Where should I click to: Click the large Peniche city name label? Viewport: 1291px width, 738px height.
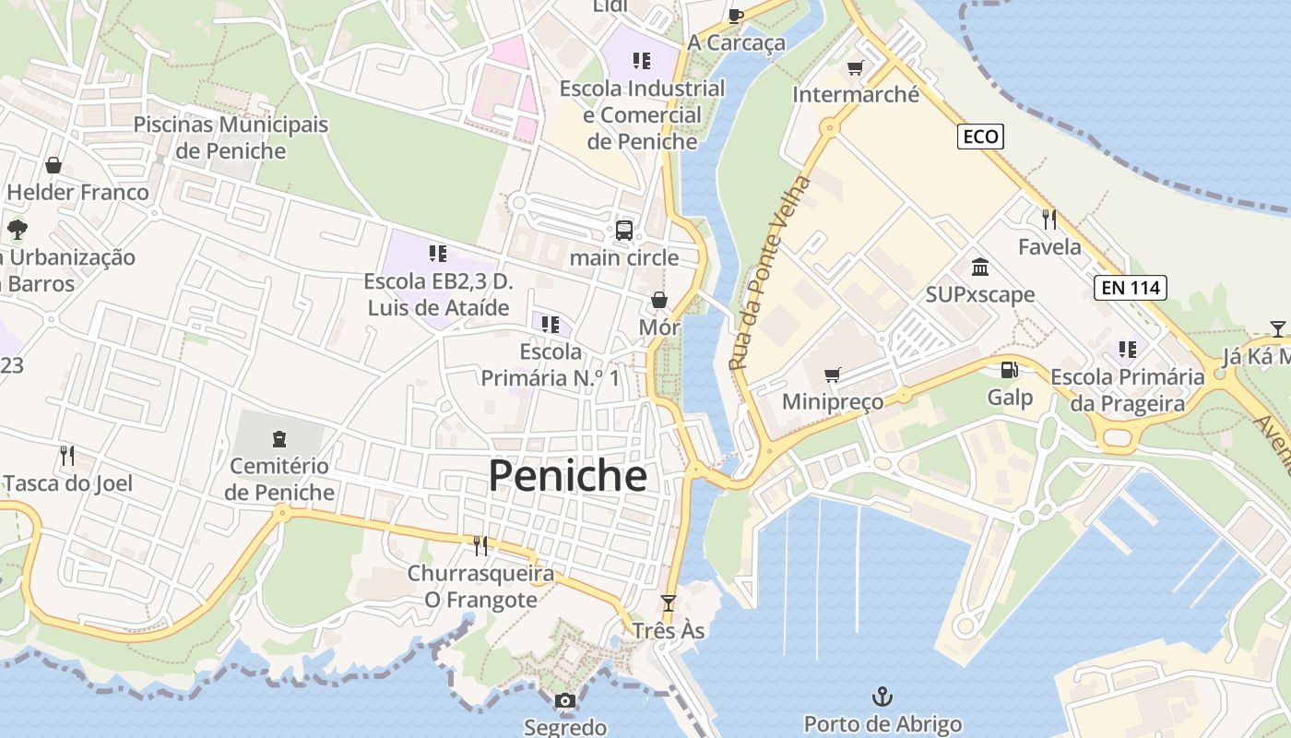pyautogui.click(x=567, y=476)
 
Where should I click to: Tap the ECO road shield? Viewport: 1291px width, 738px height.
pyautogui.click(x=979, y=137)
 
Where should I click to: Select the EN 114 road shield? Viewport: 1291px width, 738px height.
pyautogui.click(x=1131, y=287)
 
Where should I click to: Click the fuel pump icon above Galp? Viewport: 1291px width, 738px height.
pyautogui.click(x=1010, y=370)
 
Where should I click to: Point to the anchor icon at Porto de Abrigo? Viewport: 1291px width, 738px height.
pyautogui.click(x=882, y=696)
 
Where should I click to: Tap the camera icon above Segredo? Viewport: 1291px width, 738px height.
pyautogui.click(x=565, y=701)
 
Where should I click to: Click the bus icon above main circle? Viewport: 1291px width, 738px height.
pyautogui.click(x=624, y=230)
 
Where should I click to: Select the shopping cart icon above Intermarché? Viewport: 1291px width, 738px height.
pyautogui.click(x=856, y=67)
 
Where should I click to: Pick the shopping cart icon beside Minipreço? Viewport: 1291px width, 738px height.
pyautogui.click(x=833, y=375)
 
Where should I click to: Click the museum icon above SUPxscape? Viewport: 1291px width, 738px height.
pyautogui.click(x=980, y=268)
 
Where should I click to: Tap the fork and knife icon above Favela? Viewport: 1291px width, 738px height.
pyautogui.click(x=1049, y=219)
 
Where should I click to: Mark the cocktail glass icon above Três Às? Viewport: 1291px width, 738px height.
pyautogui.click(x=669, y=603)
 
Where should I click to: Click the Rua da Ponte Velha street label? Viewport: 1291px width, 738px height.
pyautogui.click(x=768, y=273)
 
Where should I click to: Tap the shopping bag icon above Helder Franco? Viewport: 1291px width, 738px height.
pyautogui.click(x=53, y=165)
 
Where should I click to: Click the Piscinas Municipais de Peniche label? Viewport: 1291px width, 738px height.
pyautogui.click(x=231, y=137)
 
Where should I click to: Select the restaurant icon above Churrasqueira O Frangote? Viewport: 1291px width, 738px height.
pyautogui.click(x=480, y=546)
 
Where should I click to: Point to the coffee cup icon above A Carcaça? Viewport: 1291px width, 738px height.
pyautogui.click(x=735, y=15)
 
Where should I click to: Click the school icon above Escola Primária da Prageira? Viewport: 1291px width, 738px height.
pyautogui.click(x=1127, y=350)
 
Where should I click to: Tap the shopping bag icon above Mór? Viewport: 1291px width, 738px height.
pyautogui.click(x=659, y=300)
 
